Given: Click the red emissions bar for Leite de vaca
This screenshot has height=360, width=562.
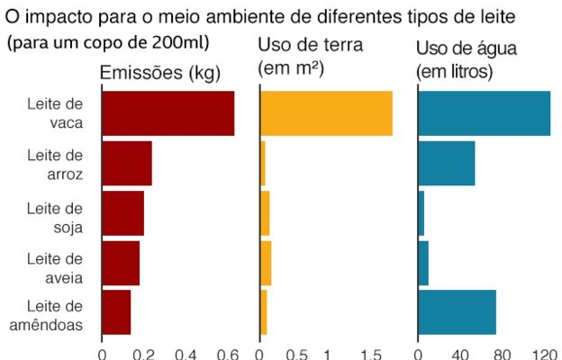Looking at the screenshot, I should point(168,113).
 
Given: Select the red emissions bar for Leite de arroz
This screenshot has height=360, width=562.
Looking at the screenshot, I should point(126,163).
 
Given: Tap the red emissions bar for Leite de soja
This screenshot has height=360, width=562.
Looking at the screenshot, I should point(122,212).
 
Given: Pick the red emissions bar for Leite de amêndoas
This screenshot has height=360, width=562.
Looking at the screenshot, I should point(116,312).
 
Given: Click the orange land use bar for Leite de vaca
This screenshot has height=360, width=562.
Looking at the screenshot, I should point(326,113).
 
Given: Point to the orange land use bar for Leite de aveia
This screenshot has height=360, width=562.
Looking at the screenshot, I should point(266,263).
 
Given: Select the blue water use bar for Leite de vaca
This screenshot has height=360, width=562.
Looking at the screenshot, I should point(485,113).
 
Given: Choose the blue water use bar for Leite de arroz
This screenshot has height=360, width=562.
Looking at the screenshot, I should point(447,163).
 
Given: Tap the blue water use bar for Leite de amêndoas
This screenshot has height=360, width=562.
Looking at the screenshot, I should point(458,312).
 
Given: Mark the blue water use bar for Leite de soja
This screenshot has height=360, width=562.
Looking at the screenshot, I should point(421,212).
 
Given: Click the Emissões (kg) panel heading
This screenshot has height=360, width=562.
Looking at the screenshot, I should point(160,76).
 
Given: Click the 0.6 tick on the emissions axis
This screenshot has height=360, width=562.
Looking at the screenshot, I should point(228,354).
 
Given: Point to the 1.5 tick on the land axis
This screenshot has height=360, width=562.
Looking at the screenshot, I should point(369,354).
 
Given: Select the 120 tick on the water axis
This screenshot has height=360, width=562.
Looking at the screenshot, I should point(546,354).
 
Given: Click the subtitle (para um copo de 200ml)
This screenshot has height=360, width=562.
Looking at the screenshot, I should point(108,42).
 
